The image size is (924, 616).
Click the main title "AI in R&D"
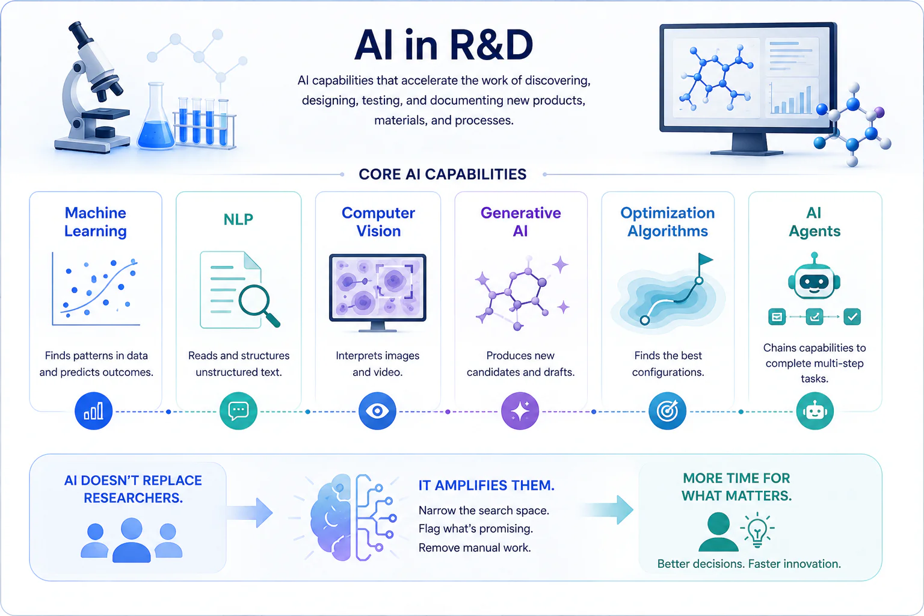pos(444,45)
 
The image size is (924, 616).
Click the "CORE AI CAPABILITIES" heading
pos(443,174)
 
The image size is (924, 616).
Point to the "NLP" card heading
pos(238,219)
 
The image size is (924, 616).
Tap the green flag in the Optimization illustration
pos(705,259)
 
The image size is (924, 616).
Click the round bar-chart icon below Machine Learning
pos(94,411)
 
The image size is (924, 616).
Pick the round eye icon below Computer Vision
pos(377,411)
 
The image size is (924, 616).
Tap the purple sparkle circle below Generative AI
pos(520,411)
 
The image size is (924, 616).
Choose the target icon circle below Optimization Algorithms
pos(667,411)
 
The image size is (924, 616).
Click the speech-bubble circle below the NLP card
pos(238,411)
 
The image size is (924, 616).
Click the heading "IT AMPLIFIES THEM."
pos(486,485)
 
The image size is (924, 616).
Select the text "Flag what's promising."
pos(476,529)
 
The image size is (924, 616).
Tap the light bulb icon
pos(757,530)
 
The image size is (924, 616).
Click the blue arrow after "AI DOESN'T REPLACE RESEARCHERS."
pos(250,513)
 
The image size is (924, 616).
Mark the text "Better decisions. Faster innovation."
pos(749,564)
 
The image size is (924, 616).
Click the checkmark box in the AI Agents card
pos(852,316)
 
